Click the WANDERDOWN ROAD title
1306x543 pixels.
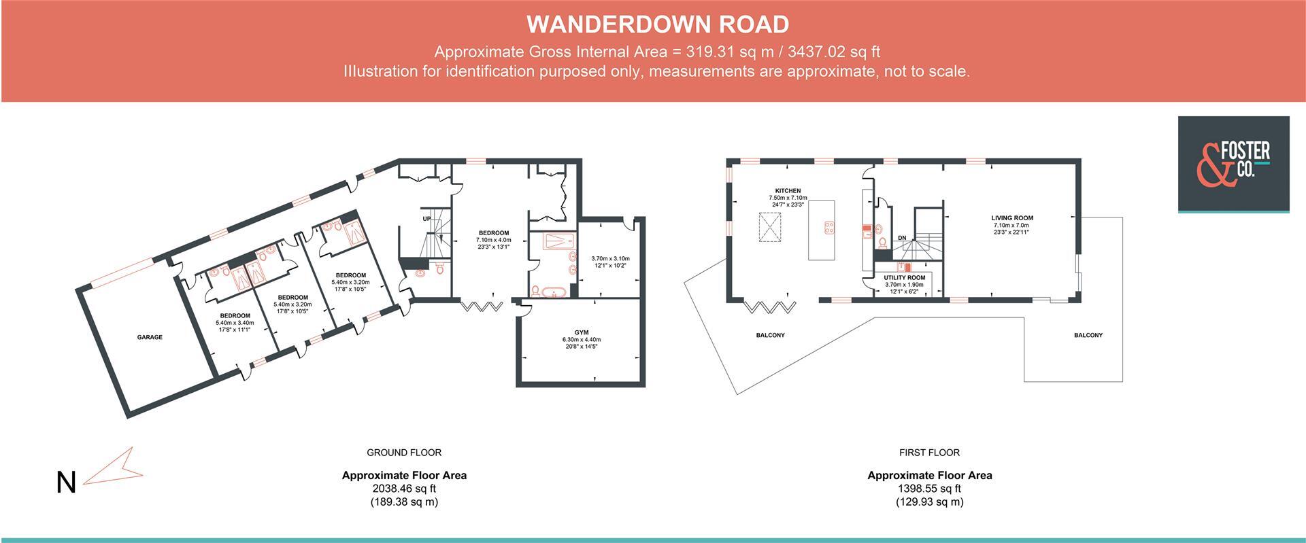point(658,24)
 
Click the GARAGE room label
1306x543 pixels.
point(150,337)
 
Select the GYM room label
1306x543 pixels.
point(581,332)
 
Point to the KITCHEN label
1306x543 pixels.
point(787,191)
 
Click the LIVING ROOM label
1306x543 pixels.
point(1011,218)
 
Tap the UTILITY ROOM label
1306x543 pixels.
point(904,278)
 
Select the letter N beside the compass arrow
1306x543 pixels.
point(65,483)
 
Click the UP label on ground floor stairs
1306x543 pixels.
point(426,219)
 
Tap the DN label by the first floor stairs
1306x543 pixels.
point(902,237)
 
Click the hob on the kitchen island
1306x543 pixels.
point(830,228)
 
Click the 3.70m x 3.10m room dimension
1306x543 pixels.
point(610,258)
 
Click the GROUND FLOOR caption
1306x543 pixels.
point(404,453)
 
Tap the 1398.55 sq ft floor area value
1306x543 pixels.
point(929,489)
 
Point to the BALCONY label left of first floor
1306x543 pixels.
point(770,335)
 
